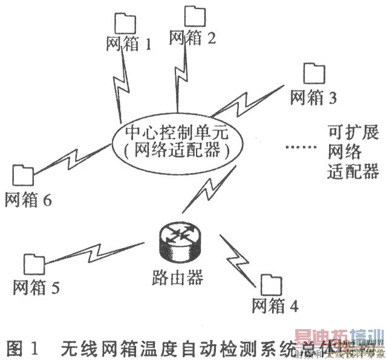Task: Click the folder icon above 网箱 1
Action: tap(123, 23)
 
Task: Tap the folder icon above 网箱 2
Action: tap(195, 16)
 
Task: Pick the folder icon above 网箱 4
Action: tap(271, 284)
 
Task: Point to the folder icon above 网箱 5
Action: tap(35, 264)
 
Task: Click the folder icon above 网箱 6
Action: tap(24, 175)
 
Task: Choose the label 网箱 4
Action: tap(275, 306)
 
